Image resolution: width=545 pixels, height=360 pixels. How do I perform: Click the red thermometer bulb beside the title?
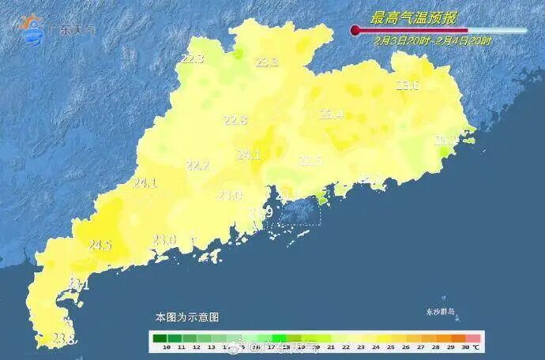point(355,30)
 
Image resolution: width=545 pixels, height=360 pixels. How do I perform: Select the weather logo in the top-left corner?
point(33,28)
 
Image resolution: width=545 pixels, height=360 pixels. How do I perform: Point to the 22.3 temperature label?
point(192,58)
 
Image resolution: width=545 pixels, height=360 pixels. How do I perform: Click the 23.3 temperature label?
point(267,62)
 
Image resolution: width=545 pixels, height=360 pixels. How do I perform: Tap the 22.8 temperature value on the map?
point(235,120)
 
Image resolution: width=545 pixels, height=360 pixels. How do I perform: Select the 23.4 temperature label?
point(331,114)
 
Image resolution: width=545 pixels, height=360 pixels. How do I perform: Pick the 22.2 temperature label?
point(197,165)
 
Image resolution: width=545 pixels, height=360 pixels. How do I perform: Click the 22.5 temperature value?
point(310,160)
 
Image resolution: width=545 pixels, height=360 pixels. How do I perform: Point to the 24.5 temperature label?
point(100,246)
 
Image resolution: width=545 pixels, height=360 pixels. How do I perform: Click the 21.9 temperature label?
point(261,212)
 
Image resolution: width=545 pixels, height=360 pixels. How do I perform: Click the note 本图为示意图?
point(186,317)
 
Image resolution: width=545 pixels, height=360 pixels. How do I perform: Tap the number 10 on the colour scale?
point(166,347)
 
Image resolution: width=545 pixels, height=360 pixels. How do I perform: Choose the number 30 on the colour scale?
point(465,347)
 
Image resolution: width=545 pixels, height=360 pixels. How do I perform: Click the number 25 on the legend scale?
point(390,347)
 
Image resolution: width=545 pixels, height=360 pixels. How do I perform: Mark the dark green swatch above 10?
point(166,338)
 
